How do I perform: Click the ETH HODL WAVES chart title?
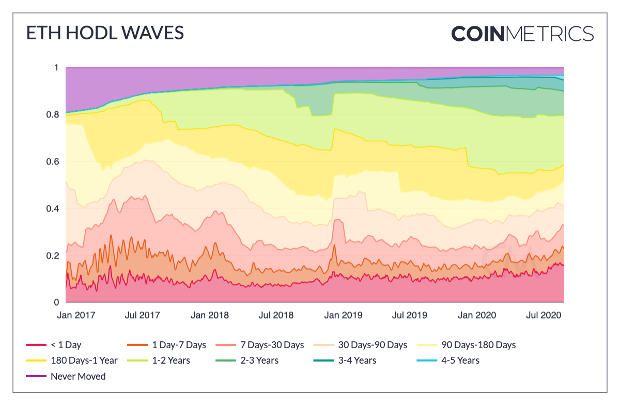click(105, 33)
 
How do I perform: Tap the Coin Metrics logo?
click(522, 34)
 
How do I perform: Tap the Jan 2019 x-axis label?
click(344, 315)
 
